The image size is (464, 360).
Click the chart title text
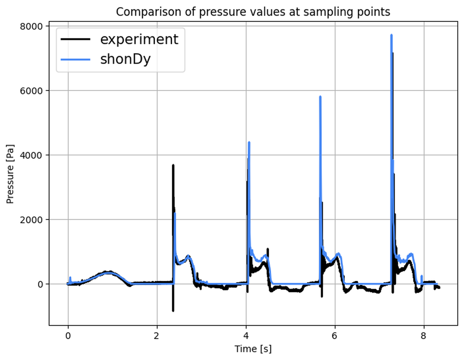[x=253, y=12]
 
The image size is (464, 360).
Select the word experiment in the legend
[x=139, y=39]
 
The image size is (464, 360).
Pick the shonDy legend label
[x=125, y=59]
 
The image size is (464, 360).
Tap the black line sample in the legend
[x=76, y=39]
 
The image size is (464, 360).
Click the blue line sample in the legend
[x=76, y=59]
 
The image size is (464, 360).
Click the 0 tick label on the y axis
[x=41, y=284]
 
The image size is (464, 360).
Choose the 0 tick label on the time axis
[x=68, y=335]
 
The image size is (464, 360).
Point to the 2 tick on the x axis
[x=157, y=335]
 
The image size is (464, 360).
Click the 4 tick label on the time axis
[x=246, y=335]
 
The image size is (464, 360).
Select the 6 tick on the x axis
[x=335, y=335]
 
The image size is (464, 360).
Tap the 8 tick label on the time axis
[x=424, y=335]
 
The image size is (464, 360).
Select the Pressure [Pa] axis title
[x=10, y=175]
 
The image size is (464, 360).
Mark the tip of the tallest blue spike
[x=391, y=35]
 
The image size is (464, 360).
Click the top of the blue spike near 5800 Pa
[x=320, y=97]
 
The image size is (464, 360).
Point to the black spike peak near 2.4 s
[x=173, y=165]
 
